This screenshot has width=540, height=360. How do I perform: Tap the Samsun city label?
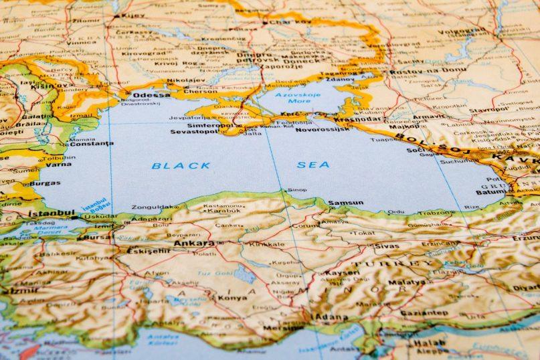(x=345, y=203)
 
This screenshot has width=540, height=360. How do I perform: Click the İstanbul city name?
(x=51, y=213)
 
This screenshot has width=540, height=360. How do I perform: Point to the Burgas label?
(x=45, y=183)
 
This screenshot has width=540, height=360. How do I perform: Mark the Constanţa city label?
(x=91, y=143)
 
